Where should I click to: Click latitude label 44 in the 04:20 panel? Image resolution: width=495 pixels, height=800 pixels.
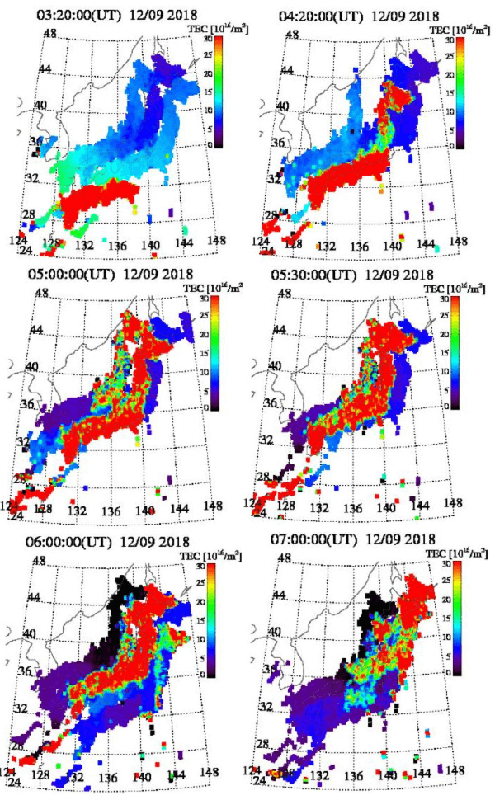pos(288,69)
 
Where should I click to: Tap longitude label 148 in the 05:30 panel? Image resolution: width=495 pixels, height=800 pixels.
pos(452,501)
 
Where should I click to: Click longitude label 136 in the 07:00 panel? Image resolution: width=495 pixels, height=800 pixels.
pos(355,776)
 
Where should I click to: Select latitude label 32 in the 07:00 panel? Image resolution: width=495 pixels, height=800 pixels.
pos(267,707)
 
